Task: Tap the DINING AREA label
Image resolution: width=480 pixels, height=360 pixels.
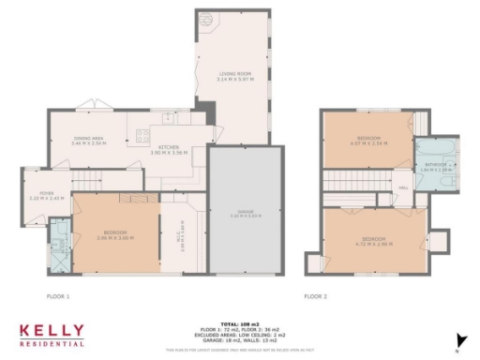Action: pos(90,138)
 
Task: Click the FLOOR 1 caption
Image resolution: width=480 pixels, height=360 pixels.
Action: pos(58,295)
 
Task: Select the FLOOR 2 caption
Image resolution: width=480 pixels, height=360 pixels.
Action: pos(315,295)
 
